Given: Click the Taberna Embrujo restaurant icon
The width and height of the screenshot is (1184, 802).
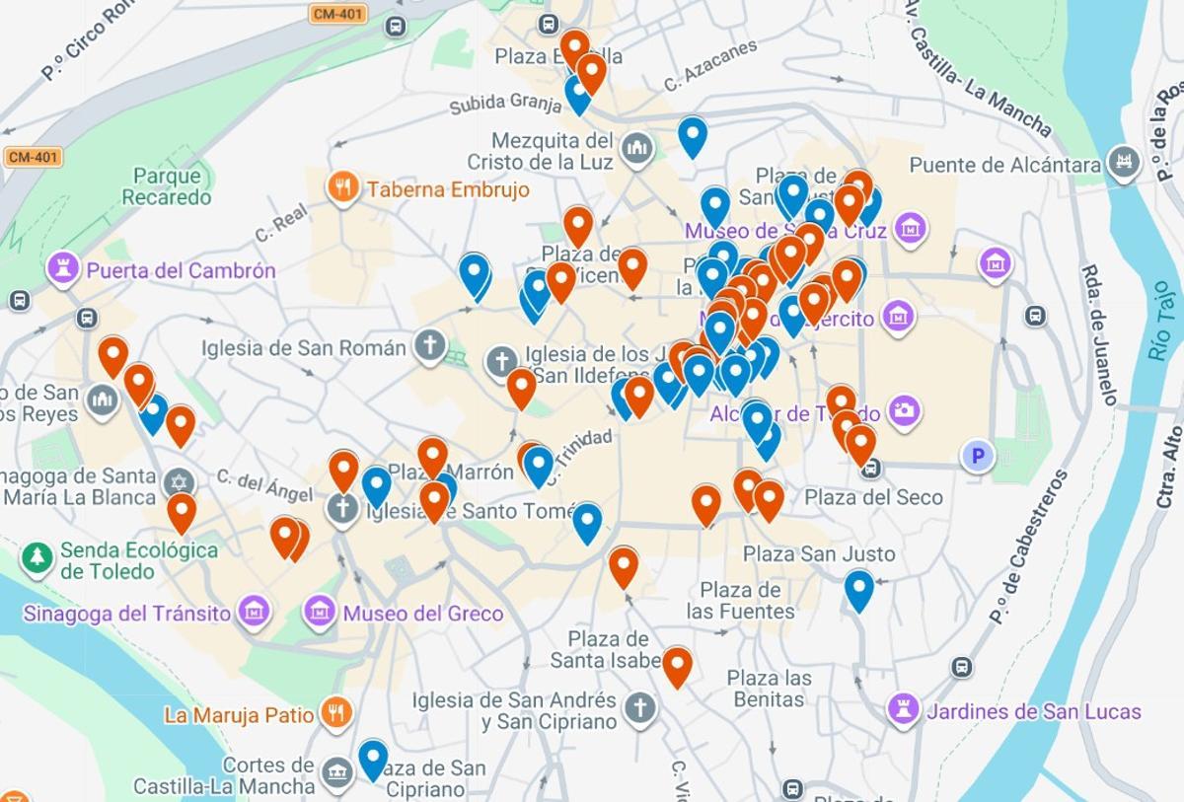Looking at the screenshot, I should click(x=342, y=187).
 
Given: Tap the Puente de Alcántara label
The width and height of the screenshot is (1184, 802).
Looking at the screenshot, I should click(x=1004, y=165).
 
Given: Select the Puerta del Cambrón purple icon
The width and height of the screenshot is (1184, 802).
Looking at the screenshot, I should click(x=64, y=268).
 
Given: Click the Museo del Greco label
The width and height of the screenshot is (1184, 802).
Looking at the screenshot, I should click(x=422, y=614).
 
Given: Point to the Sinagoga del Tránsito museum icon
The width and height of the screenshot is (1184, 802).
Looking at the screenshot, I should click(x=255, y=612).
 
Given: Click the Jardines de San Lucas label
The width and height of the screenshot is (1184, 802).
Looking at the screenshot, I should click(x=1033, y=711).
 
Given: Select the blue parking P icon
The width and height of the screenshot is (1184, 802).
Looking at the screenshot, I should click(x=978, y=455).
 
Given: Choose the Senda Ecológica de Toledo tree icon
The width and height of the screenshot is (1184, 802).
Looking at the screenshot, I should click(x=37, y=558).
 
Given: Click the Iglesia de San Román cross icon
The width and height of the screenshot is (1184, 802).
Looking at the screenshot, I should click(x=429, y=346).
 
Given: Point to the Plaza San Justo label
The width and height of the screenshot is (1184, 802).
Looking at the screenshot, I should click(x=819, y=554).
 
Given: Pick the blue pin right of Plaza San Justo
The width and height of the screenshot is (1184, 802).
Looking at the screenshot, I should click(x=859, y=589).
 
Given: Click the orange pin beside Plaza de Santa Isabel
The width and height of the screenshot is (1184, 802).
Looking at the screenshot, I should click(x=677, y=666).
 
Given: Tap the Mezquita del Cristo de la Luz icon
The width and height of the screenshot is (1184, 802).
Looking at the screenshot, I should click(x=637, y=149).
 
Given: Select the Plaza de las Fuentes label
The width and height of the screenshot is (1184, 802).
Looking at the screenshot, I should click(x=740, y=601).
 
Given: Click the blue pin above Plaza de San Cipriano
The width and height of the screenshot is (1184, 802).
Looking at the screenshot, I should click(x=373, y=758).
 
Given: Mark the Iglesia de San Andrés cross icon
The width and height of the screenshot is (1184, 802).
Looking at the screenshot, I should click(x=640, y=707).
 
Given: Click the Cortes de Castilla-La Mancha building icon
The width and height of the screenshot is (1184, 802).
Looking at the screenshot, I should click(x=337, y=772).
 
